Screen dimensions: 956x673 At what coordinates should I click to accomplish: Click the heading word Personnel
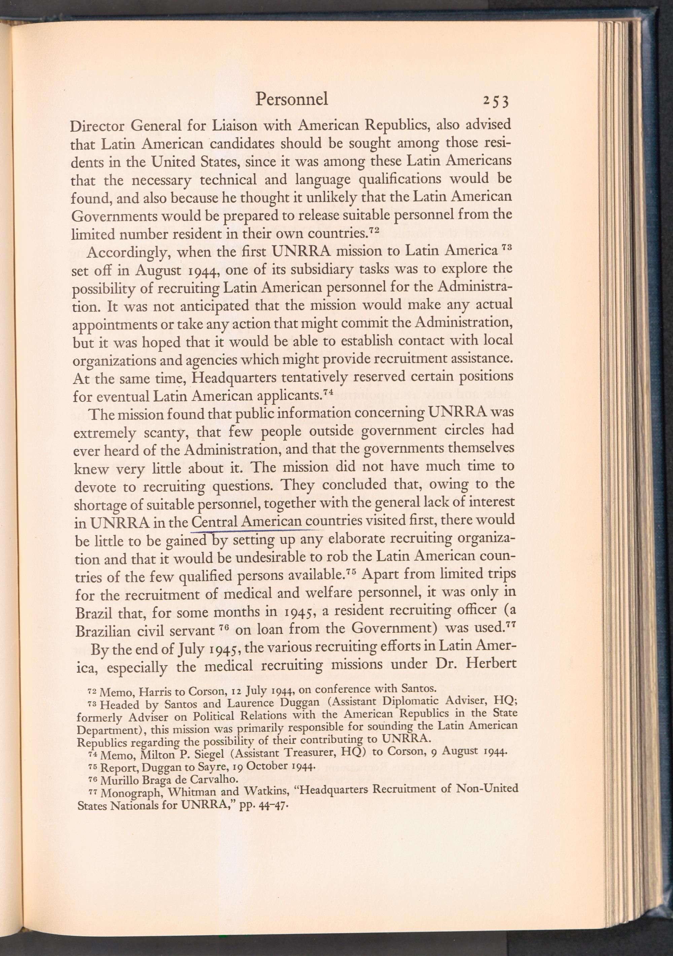(291, 99)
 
